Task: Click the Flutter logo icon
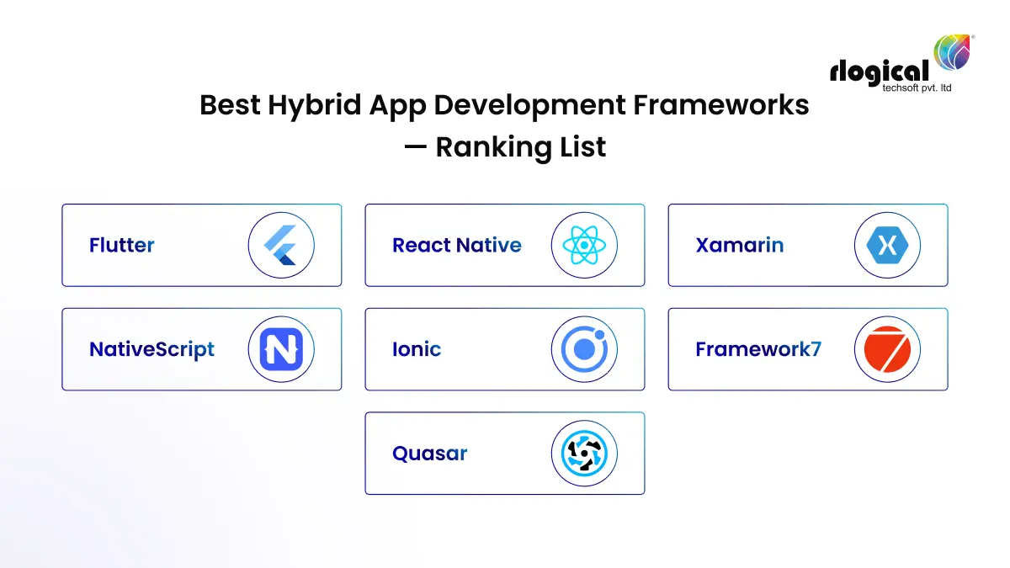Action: coord(281,245)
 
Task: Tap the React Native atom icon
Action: coord(584,245)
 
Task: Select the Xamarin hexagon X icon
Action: coord(887,245)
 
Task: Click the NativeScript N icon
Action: coord(281,349)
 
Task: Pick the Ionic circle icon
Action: coord(584,349)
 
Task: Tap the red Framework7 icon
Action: coord(887,349)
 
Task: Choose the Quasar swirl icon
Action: coord(584,454)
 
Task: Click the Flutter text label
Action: coord(122,246)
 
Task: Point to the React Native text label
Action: coord(456,246)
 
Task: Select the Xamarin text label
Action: coord(739,246)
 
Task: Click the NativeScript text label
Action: coord(151,349)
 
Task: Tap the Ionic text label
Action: coord(416,349)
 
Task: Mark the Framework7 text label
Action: coord(757,349)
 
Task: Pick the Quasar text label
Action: coord(429,454)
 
